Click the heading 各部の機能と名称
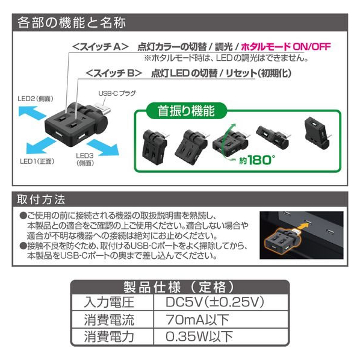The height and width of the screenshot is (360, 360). (x=72, y=23)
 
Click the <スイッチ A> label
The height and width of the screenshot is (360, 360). (x=100, y=47)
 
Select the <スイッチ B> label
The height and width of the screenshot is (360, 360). (x=114, y=73)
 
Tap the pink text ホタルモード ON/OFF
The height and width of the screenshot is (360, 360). (x=286, y=46)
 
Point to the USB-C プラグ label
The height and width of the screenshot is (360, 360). (x=117, y=93)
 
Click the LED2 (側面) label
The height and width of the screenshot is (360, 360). (x=36, y=99)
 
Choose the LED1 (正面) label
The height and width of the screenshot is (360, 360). (x=37, y=161)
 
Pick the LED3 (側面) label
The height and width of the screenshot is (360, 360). (x=85, y=160)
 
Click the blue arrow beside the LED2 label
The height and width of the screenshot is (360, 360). (x=32, y=112)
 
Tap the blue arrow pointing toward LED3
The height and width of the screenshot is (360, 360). (x=104, y=147)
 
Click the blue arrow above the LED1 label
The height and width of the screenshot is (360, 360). (x=40, y=146)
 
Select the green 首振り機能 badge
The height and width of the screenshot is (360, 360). (x=186, y=111)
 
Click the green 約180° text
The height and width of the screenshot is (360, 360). (x=256, y=160)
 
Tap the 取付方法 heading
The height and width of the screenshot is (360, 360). (x=41, y=199)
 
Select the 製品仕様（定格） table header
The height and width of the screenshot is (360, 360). (x=180, y=287)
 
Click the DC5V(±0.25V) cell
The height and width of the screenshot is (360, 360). (x=215, y=302)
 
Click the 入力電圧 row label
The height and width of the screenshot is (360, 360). (x=109, y=302)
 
